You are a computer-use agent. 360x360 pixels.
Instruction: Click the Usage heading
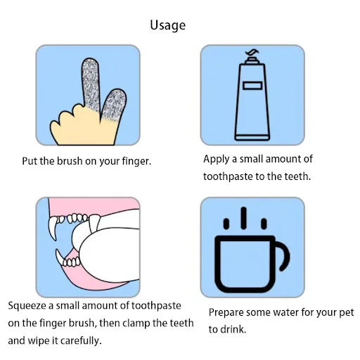tap(168, 25)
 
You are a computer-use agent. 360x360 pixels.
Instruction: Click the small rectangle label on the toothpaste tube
tap(252, 86)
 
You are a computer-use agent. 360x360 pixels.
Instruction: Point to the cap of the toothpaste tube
tap(252, 60)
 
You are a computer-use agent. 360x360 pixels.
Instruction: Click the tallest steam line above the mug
tap(244, 218)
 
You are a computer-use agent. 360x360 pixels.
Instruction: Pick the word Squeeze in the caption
tap(27, 306)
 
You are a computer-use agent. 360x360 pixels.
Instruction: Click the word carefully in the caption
tap(81, 341)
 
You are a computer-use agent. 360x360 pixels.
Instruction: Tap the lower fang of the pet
tap(60, 257)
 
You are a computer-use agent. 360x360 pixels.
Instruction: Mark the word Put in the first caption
tap(30, 161)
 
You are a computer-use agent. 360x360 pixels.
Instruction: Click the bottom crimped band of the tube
tap(252, 138)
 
